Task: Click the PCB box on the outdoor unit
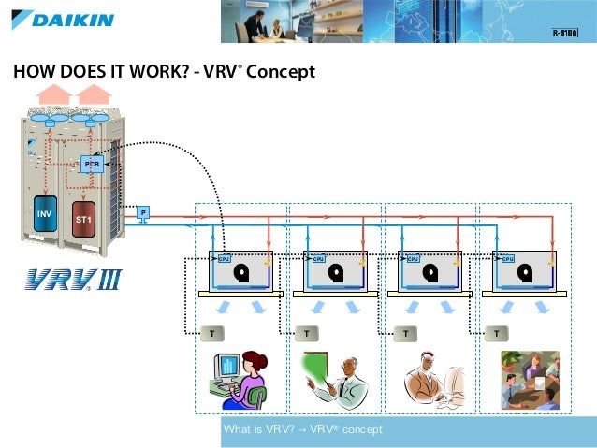coord(92,164)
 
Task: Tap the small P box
coord(143,212)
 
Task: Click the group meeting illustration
coord(530,379)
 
